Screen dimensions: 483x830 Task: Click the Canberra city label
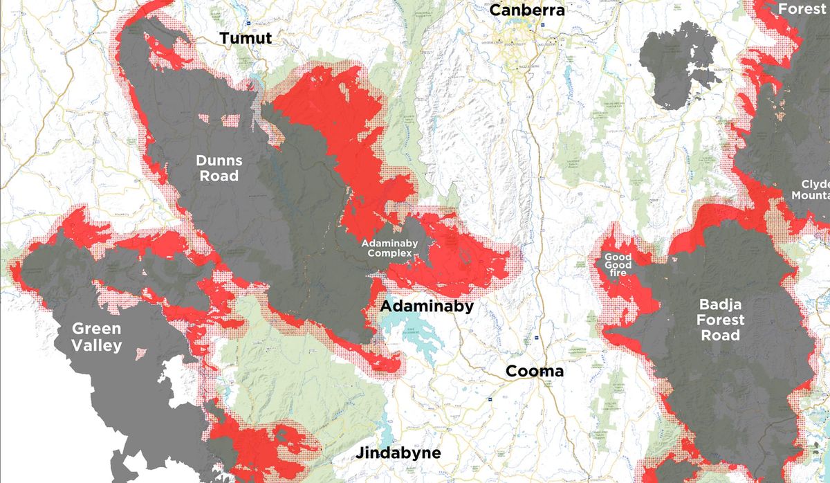(527, 10)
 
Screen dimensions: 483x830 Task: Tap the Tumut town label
(246, 39)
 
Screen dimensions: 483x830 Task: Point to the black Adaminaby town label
(427, 306)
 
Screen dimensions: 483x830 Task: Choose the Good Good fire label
(617, 265)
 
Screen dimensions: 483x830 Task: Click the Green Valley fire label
(97, 337)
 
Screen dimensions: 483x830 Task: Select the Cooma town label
(534, 372)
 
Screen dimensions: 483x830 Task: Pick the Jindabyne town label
(398, 454)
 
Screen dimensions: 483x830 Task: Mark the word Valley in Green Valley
(97, 346)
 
